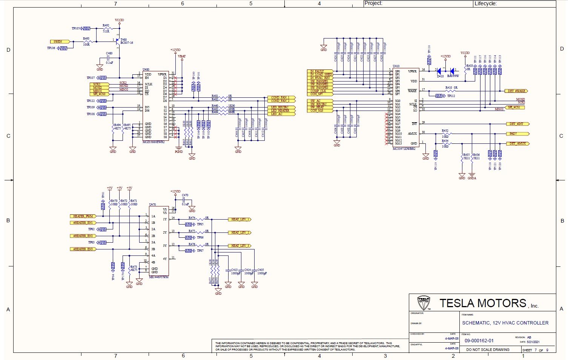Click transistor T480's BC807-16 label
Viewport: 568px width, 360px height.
click(127, 43)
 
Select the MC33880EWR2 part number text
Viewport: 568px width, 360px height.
click(154, 142)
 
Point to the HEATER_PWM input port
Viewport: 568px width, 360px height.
click(83, 216)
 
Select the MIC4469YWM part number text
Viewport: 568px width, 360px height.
click(159, 277)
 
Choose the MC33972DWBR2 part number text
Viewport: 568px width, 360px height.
click(404, 149)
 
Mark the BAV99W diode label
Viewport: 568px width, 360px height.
click(453, 76)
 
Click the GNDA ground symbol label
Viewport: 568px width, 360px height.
click(472, 178)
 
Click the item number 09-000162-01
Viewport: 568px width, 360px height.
click(479, 341)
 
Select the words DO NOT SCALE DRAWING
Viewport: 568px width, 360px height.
click(488, 350)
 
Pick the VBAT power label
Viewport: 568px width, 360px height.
click(182, 56)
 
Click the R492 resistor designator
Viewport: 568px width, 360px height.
click(106, 25)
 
